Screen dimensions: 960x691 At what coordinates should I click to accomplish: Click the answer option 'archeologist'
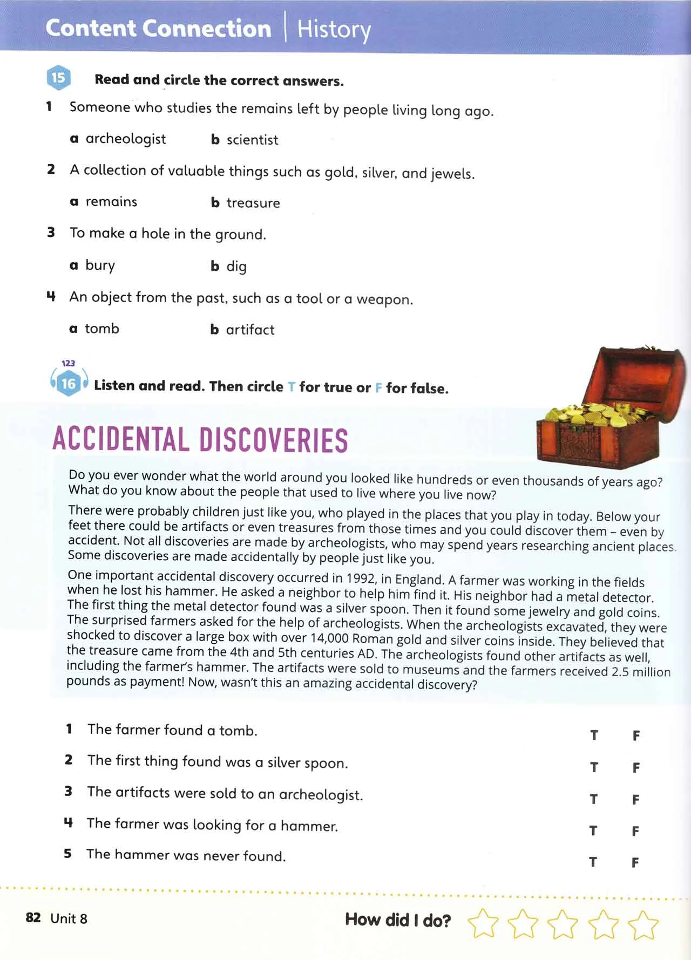point(125,139)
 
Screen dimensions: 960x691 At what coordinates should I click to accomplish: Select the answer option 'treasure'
point(253,203)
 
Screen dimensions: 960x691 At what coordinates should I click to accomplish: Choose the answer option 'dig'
point(236,266)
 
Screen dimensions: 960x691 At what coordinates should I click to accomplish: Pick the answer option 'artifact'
point(250,330)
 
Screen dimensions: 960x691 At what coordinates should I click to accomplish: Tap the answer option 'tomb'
point(101,329)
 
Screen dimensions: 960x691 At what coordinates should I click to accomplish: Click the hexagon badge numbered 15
point(58,78)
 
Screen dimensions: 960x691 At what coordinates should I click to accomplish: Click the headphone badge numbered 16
point(69,383)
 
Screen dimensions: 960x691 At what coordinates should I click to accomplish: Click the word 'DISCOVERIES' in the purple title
point(274,440)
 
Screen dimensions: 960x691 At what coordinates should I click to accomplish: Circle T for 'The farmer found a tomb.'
point(594,735)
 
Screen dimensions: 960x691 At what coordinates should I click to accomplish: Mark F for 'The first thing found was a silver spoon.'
point(636,767)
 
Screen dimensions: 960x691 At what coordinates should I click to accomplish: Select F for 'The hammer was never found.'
point(635,862)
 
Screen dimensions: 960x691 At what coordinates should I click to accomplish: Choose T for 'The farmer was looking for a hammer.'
point(593,830)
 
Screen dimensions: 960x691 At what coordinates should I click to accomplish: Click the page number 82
point(33,917)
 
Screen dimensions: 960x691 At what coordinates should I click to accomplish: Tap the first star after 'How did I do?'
point(483,923)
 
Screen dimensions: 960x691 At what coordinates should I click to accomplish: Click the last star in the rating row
point(645,924)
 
